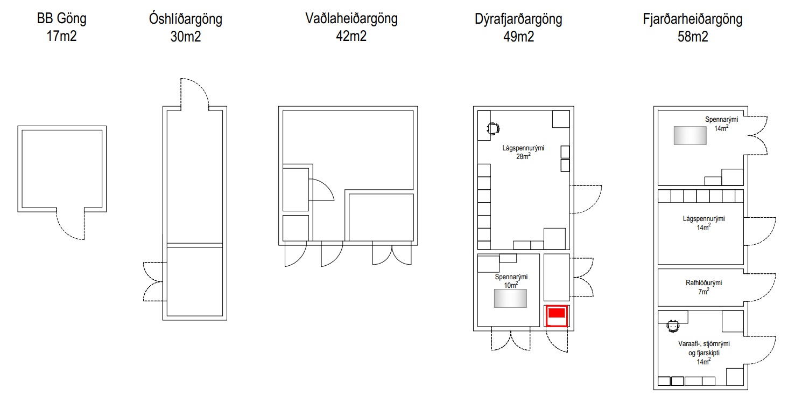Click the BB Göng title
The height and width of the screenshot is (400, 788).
61,19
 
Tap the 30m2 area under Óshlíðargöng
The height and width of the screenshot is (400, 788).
185,37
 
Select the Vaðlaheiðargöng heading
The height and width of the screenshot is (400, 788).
351,19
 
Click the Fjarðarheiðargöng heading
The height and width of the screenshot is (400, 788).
692,19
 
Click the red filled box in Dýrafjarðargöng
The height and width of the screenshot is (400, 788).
557,313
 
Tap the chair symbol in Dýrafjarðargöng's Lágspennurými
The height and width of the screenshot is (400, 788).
493,128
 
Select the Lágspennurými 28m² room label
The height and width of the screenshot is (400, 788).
523,151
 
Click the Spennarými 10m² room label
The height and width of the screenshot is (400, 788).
511,280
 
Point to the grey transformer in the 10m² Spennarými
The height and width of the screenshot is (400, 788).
510,298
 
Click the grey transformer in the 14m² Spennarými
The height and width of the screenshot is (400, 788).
689,135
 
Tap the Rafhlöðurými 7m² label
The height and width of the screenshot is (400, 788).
703,286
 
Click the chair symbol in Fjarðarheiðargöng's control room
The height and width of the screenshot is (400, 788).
672,325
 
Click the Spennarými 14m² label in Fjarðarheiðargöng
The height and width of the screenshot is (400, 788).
721,123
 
